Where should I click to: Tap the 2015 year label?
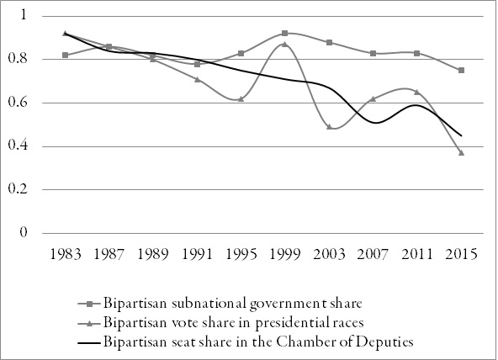[461, 254]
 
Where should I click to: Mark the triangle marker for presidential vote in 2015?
[461, 152]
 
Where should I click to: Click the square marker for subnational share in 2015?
[461, 70]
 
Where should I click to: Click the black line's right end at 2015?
[461, 135]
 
